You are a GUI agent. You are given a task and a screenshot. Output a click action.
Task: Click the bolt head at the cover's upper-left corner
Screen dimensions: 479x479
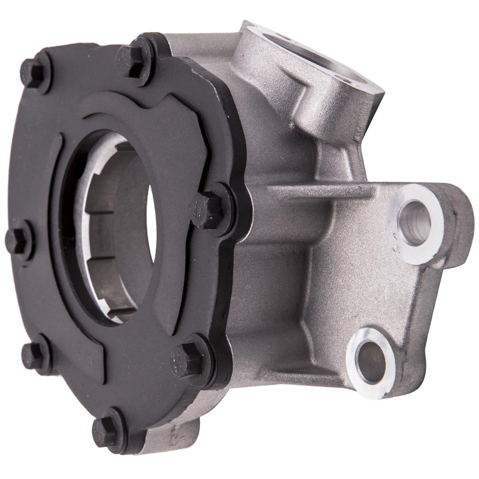click(34, 72)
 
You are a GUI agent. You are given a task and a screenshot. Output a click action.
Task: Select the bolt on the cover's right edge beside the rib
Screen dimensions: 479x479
click(209, 209)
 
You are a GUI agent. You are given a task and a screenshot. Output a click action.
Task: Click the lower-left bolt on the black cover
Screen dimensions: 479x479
click(34, 355)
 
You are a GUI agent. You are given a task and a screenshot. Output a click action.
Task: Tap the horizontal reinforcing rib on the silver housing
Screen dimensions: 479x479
click(321, 192)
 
